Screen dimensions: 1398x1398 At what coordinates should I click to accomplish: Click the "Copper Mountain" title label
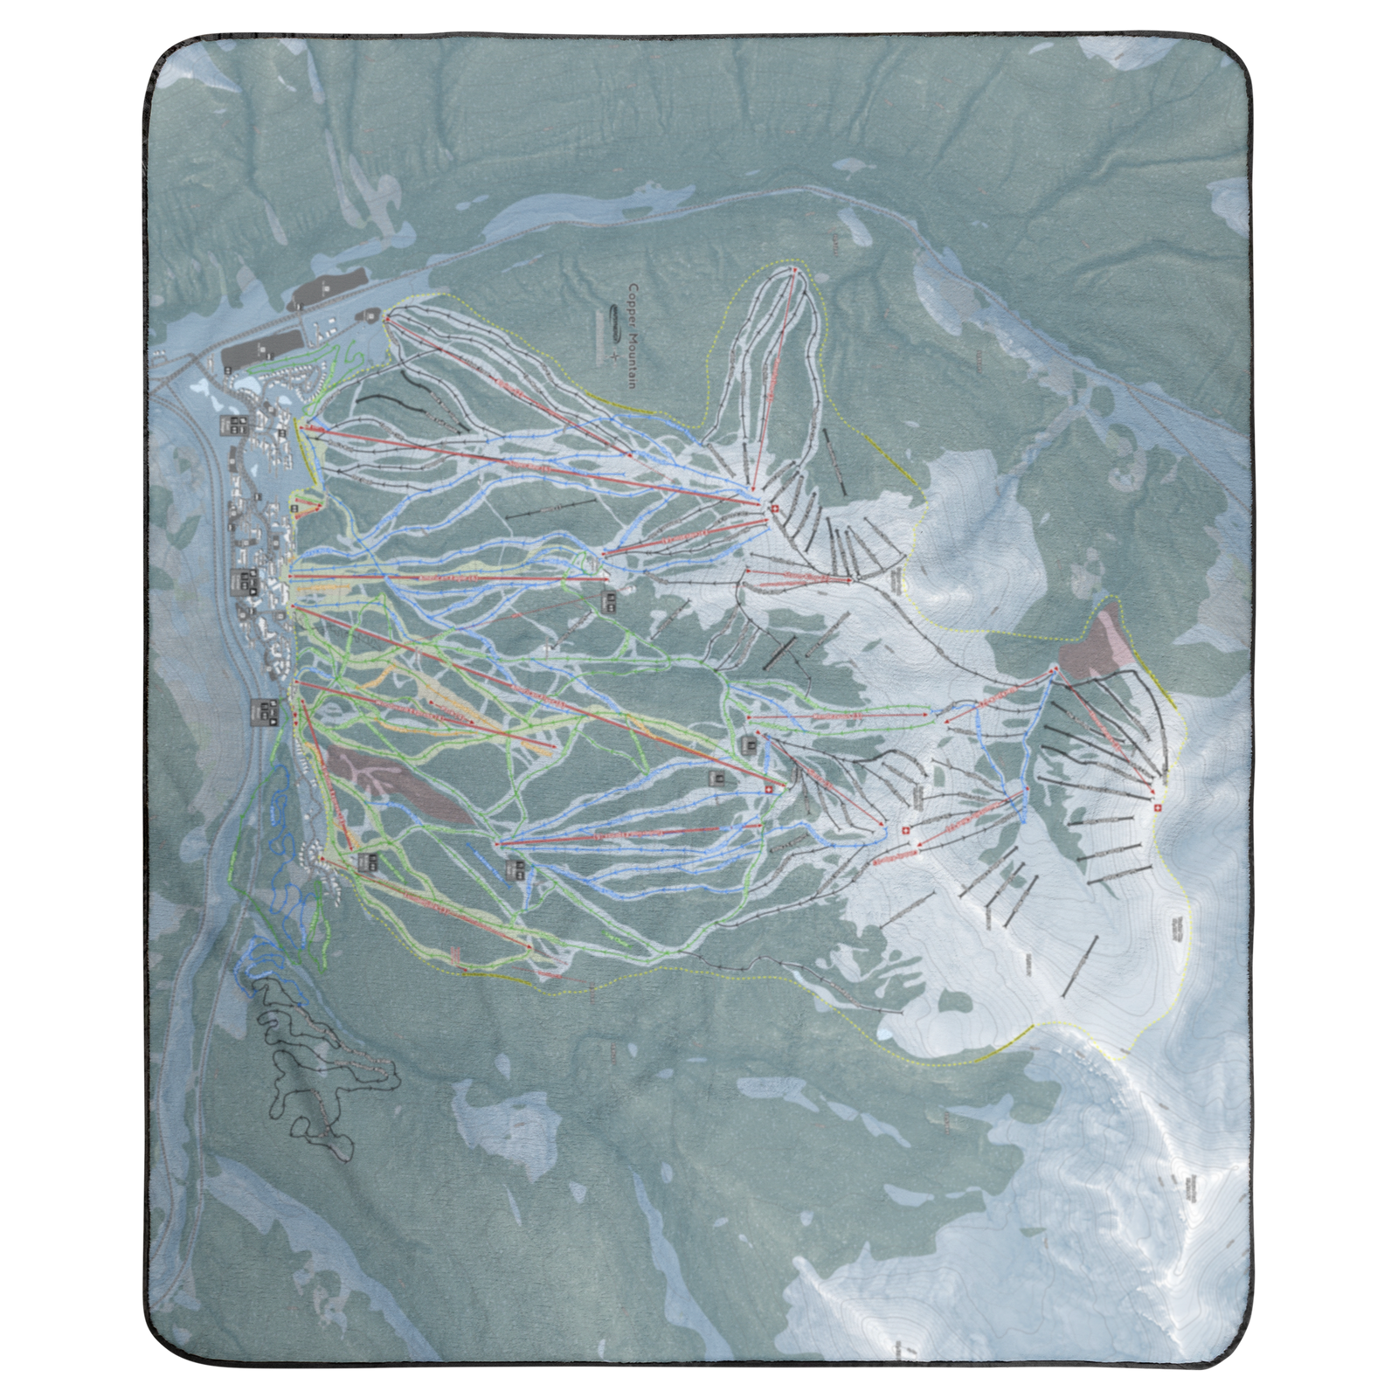(633, 336)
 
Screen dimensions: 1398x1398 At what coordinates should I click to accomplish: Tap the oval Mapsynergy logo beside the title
(615, 322)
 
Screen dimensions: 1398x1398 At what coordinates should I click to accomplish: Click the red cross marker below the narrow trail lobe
(773, 508)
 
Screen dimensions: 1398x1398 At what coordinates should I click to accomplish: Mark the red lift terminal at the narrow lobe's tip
(794, 271)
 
